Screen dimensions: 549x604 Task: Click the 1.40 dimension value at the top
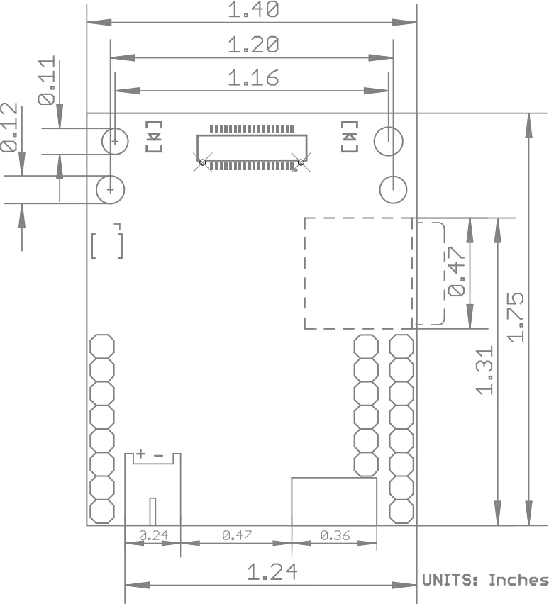coord(253,9)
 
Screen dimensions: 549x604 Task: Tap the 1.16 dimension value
coord(253,77)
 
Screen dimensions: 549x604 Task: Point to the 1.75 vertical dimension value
coord(516,318)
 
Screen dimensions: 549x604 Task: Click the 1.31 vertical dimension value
coord(485,370)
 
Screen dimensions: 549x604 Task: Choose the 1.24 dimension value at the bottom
coord(272,571)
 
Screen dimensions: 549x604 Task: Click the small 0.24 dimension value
coord(153,535)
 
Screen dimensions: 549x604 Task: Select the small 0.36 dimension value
coord(335,535)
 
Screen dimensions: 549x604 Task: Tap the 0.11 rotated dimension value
coord(47,81)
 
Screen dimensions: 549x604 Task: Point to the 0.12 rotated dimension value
coord(9,127)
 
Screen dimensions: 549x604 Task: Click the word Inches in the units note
coord(518,579)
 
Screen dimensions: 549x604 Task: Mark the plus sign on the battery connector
coord(141,454)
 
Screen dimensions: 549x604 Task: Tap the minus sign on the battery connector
coord(158,456)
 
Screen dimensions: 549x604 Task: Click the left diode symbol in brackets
coord(154,136)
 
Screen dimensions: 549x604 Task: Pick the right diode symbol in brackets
coord(350,136)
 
